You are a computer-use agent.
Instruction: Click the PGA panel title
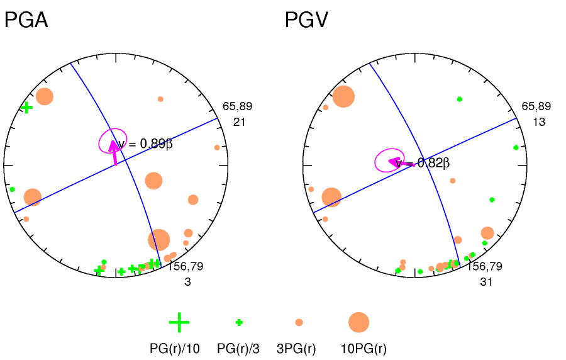tap(26, 21)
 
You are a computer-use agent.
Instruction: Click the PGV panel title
tap(308, 21)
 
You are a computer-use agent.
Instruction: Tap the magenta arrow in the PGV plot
tap(396, 163)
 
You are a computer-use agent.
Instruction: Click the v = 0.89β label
tap(145, 144)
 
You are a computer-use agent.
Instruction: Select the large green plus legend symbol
tap(179, 322)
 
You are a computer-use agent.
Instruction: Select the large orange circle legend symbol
tap(358, 322)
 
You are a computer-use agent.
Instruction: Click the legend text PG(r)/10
tap(174, 348)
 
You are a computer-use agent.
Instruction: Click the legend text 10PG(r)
tap(363, 348)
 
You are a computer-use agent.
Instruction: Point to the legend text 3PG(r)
tap(296, 348)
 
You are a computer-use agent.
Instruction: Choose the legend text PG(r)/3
tap(238, 348)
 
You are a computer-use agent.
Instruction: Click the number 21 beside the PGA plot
tap(239, 122)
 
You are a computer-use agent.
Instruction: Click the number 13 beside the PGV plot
tap(539, 122)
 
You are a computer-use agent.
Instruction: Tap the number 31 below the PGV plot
tap(486, 282)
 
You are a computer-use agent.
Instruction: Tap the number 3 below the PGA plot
tap(187, 282)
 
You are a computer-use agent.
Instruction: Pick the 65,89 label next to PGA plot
tap(237, 106)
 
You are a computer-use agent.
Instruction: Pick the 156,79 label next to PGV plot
tap(484, 267)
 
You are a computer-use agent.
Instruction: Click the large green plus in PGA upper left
tap(26, 108)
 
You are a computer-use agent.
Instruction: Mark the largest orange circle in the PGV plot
tap(343, 97)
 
